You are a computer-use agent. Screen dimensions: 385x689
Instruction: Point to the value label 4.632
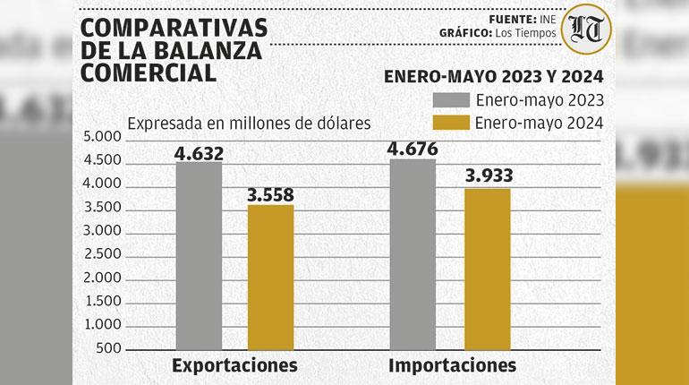(199, 153)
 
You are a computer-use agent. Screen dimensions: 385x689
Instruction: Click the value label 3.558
(270, 195)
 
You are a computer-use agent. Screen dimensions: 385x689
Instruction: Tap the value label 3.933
(489, 177)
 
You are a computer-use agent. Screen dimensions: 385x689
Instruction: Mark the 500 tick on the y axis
(107, 348)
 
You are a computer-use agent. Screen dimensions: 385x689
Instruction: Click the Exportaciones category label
(234, 365)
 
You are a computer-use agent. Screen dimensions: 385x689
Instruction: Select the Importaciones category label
(452, 365)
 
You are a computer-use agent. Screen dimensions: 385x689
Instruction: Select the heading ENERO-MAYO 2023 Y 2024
(493, 76)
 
